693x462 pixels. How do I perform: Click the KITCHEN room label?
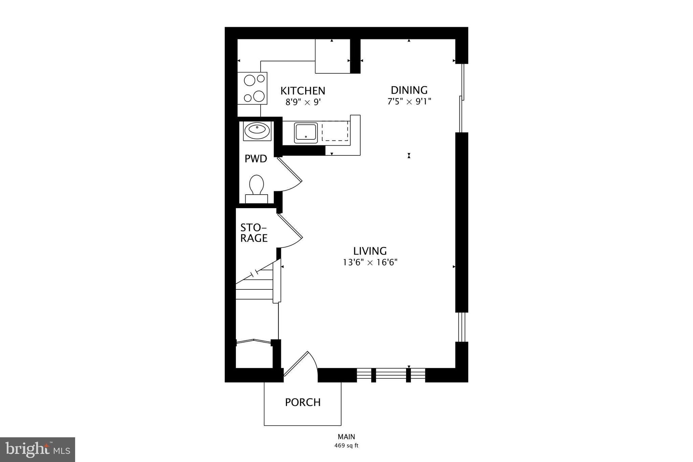[x=303, y=91]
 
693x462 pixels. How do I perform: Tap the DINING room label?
[x=409, y=90]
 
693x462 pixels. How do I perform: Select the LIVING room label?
[x=370, y=251]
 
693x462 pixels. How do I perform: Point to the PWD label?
[x=256, y=158]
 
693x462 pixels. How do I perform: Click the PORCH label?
[x=303, y=402]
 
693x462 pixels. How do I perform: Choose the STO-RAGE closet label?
[x=254, y=233]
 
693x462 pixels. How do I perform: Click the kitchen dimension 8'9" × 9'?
[x=303, y=102]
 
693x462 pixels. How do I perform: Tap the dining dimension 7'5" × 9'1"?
[x=409, y=101]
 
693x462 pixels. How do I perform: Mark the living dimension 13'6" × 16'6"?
[x=370, y=262]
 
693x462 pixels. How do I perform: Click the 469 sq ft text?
[x=346, y=445]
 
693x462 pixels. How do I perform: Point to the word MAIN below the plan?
[x=346, y=437]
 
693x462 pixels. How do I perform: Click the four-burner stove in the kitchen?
[x=252, y=88]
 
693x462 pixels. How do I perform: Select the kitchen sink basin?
[x=306, y=133]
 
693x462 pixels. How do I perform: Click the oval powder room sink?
[x=257, y=131]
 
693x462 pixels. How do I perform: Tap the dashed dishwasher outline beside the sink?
[x=335, y=132]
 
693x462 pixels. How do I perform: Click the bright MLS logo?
[x=38, y=449]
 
